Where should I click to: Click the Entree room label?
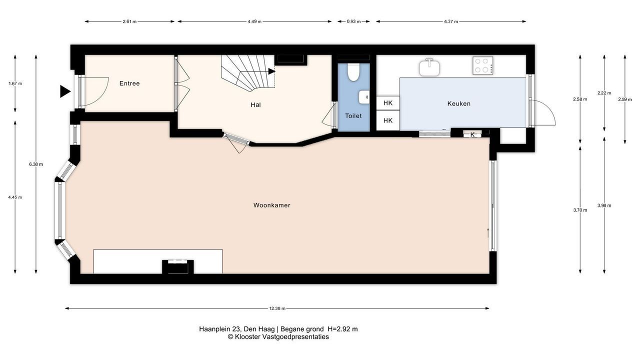tap(129, 83)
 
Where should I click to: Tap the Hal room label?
tap(255, 105)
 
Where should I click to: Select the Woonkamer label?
tap(271, 205)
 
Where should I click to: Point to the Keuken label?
tap(459, 103)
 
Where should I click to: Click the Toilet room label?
tap(353, 115)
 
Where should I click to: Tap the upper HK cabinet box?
tap(387, 103)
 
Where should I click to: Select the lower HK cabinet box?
tap(387, 120)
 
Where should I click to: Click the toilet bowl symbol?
tap(353, 72)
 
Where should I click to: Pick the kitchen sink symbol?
tap(429, 67)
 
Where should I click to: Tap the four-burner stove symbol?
tap(482, 65)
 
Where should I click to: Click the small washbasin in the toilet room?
tap(364, 97)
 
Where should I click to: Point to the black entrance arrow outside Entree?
tap(65, 91)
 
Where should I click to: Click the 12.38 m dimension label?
tap(277, 308)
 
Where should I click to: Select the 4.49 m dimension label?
tap(254, 21)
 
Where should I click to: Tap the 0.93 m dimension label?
tap(353, 21)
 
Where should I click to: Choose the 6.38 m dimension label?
tap(36, 164)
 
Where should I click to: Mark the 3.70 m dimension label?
tap(580, 210)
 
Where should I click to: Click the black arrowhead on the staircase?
tap(271, 71)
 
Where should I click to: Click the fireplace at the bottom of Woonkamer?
tap(177, 267)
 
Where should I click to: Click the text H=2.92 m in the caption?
tap(342, 329)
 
